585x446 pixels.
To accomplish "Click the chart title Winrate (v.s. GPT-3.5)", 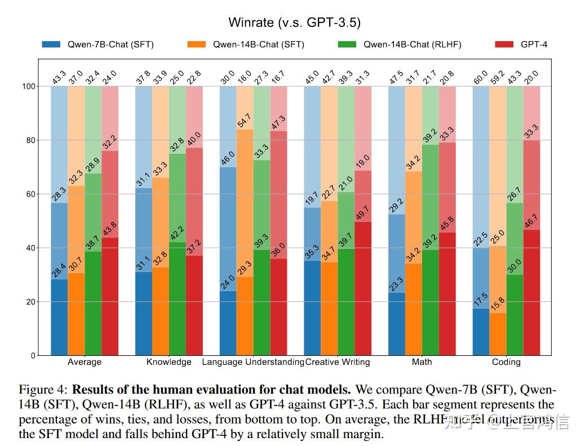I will pos(294,23).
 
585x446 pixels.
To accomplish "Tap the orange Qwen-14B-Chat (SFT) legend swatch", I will pos(194,44).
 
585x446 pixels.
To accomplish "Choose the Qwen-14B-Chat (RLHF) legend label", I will pos(412,44).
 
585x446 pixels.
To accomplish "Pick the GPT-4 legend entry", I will pos(534,44).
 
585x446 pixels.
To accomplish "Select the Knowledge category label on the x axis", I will pos(169,362).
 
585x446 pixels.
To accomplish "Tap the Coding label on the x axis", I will pos(506,362).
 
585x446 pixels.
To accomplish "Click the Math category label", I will pos(422,362).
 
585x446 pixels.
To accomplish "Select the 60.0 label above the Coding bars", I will pos(481,77).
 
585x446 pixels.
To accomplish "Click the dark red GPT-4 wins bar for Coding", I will pos(532,292).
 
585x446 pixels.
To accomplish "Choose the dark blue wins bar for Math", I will pos(397,324).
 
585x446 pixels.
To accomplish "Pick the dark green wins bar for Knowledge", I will pos(177,298).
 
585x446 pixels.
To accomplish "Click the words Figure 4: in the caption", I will pos(43,390).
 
